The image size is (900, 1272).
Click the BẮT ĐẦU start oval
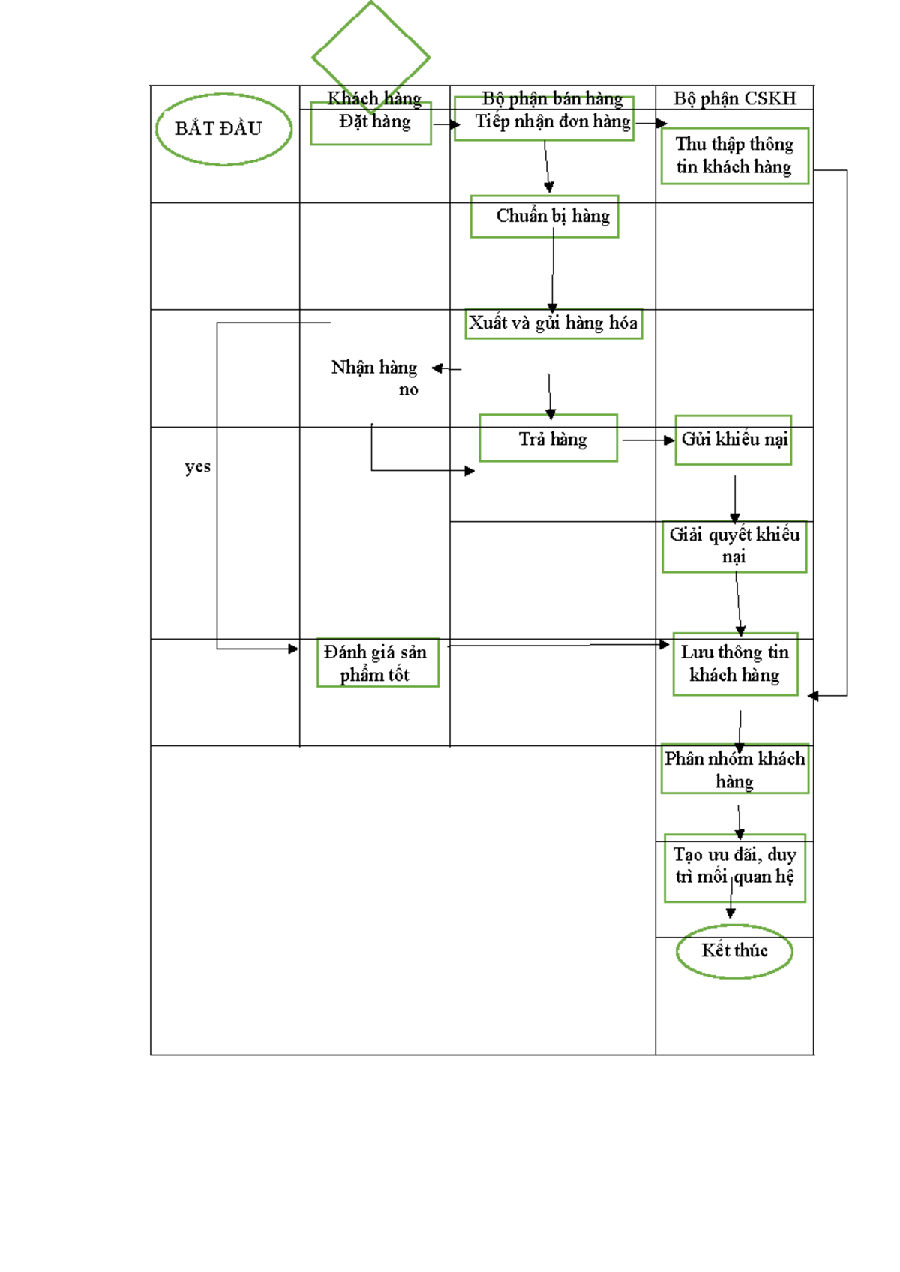223,129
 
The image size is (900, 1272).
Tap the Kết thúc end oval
733,951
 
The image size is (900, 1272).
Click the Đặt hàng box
371,124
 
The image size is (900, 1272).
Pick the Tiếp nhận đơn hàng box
544,120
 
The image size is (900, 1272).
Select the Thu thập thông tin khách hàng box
734,156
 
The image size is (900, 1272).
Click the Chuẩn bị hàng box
544,217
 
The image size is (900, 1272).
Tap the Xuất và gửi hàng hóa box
553,323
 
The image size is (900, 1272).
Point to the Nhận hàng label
374,367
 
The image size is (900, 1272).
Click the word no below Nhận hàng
408,389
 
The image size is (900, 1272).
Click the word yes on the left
197,467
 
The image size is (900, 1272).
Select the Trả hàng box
548,438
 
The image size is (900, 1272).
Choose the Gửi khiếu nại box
733,439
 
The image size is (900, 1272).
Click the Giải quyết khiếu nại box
734,546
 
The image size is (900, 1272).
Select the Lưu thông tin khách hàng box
735,664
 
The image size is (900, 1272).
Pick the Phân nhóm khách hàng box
735,769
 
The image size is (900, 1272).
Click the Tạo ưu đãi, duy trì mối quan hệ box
735,867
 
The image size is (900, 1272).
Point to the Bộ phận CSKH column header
734,98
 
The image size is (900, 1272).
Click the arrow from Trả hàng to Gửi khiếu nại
647,440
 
